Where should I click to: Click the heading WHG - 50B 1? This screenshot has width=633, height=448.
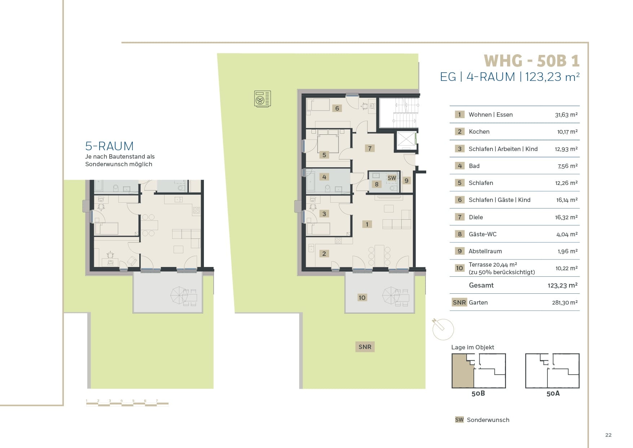point(532,61)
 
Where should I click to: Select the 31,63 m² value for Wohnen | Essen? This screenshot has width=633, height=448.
point(566,115)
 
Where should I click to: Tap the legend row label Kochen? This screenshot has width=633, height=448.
point(479,132)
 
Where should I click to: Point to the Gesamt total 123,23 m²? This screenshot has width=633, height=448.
point(563,285)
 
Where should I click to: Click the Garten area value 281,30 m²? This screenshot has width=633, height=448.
point(565,303)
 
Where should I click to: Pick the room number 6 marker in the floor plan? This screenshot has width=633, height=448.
point(337,108)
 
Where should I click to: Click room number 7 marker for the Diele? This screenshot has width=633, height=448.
point(369,148)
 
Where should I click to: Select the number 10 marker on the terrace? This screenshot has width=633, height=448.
point(362,297)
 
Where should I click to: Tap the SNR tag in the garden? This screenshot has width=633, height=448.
point(365,347)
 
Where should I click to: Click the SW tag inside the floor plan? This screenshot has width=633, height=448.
point(392,178)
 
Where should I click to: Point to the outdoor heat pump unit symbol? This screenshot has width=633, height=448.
point(262,99)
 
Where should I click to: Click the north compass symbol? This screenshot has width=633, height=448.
point(442,328)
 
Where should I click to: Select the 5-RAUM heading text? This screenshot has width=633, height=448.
point(109,146)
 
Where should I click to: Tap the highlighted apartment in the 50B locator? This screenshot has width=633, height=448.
point(462,371)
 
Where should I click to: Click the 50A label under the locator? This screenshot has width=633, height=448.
point(553,393)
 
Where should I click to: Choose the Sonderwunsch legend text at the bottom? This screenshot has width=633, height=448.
point(488,420)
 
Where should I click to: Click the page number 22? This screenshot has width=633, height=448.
point(608,435)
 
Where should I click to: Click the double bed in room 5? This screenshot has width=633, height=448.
point(328,142)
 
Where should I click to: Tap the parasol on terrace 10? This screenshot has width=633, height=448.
point(392,295)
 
